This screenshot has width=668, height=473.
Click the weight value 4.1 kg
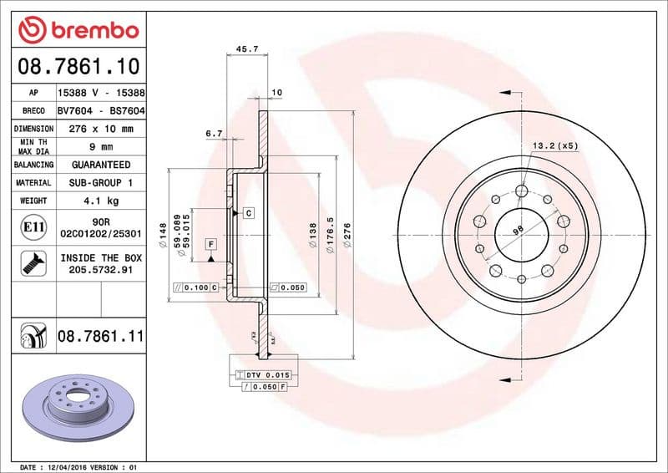101,201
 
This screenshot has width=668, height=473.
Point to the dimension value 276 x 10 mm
101,129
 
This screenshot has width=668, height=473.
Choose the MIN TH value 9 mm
101,147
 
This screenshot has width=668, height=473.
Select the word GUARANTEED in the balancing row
101,165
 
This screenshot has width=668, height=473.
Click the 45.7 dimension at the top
247,49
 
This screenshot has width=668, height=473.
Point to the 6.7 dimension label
214,133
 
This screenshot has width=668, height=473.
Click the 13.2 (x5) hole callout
555,146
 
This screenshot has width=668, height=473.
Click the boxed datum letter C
249,214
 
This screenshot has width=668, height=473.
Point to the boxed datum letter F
211,244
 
